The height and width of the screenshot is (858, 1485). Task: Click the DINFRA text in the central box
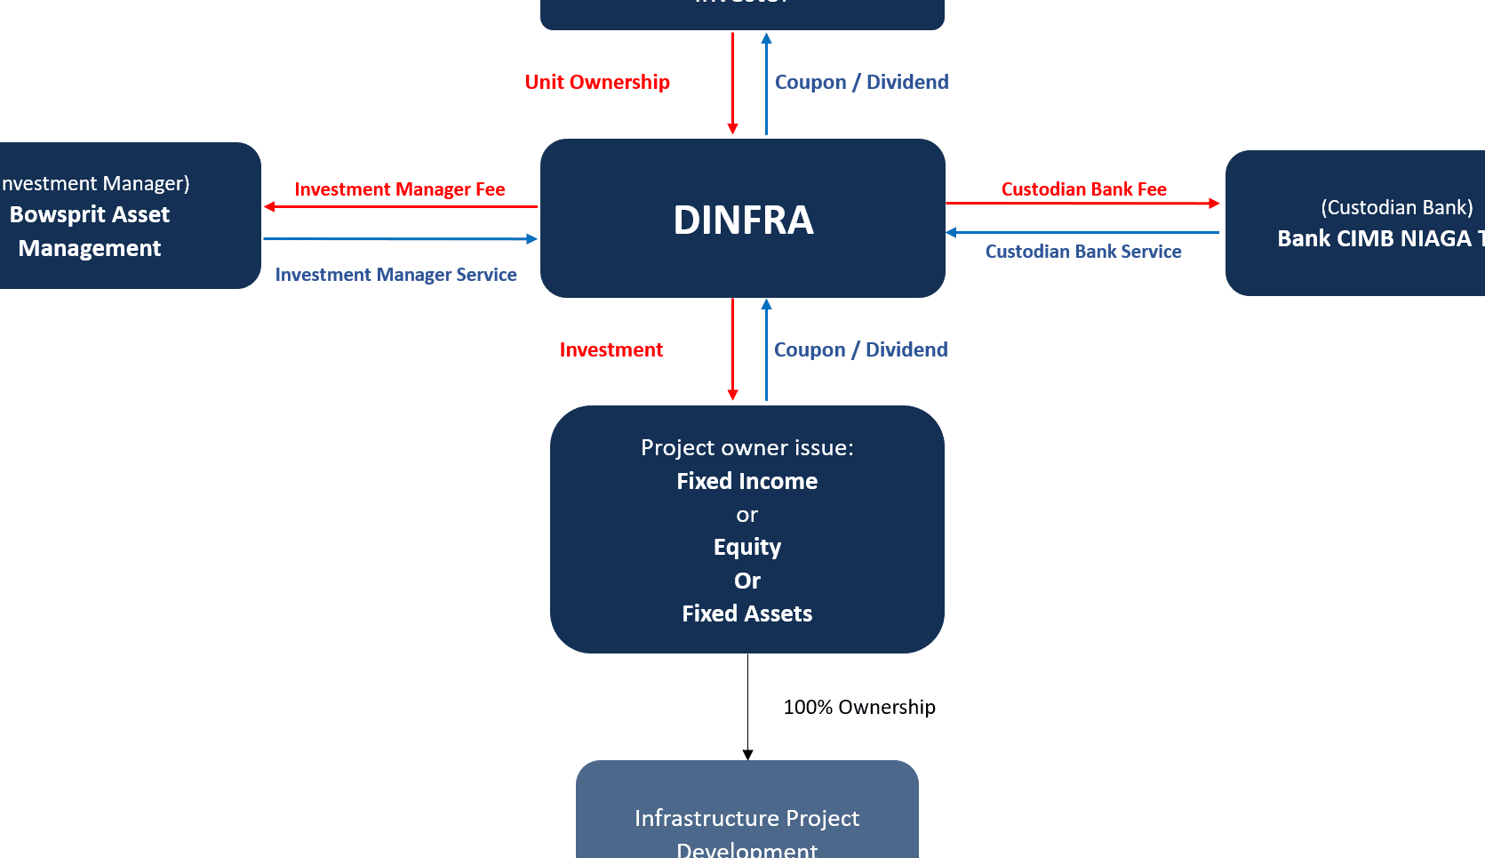click(x=743, y=221)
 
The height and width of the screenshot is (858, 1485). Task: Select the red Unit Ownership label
click(x=597, y=82)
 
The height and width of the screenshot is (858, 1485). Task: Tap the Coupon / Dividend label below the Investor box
click(x=861, y=82)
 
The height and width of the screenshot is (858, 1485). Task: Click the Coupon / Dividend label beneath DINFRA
click(x=860, y=349)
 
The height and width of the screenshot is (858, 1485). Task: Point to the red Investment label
click(x=611, y=350)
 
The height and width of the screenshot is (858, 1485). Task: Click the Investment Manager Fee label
click(x=400, y=189)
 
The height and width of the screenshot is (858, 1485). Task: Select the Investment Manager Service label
click(x=396, y=275)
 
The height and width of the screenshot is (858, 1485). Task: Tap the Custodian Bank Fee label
click(x=1083, y=189)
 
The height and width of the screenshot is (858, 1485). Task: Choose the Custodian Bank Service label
click(x=1083, y=252)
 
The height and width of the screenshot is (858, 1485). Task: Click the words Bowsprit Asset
click(x=90, y=215)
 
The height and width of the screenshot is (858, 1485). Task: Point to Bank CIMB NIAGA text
click(x=1374, y=238)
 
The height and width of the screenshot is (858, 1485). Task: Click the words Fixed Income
click(x=746, y=481)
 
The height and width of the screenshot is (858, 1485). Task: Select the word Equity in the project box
click(x=746, y=547)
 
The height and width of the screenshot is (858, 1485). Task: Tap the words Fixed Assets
click(x=746, y=613)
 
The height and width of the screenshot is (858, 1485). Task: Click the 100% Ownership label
click(x=858, y=707)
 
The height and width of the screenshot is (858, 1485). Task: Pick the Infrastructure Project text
click(x=746, y=818)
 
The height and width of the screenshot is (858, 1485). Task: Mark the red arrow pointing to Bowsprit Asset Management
click(x=400, y=207)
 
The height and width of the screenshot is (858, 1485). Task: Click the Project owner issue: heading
click(x=746, y=447)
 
